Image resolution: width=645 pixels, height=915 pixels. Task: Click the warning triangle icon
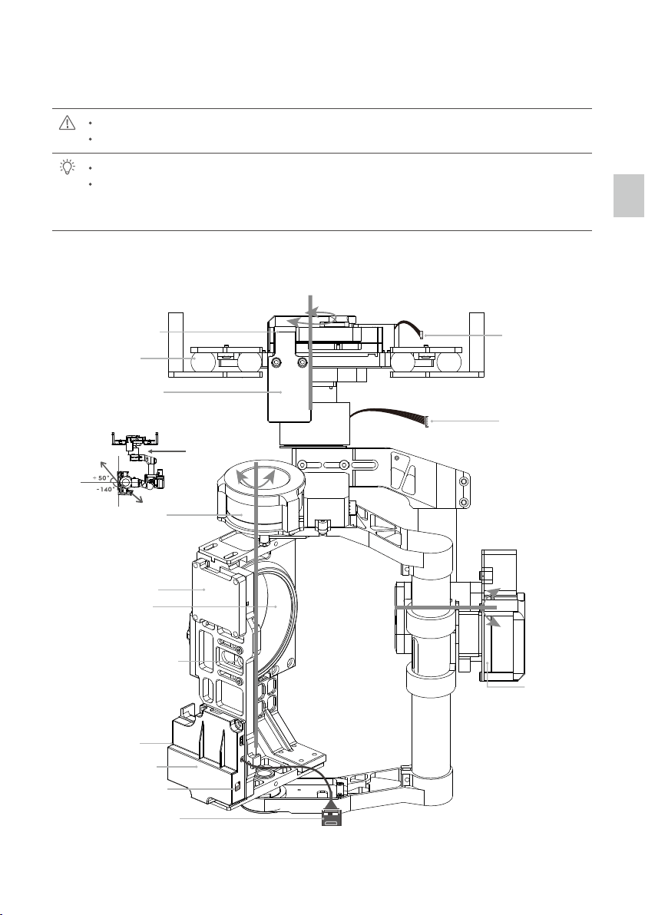(67, 123)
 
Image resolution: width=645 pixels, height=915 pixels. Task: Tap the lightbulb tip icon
(68, 167)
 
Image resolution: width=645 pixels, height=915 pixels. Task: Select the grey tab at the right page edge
(629, 196)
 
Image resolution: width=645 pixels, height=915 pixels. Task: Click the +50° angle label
(101, 478)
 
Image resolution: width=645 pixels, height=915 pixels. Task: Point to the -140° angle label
(104, 490)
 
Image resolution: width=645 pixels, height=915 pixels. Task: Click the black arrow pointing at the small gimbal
(167, 451)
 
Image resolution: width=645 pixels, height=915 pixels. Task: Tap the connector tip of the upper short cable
(422, 335)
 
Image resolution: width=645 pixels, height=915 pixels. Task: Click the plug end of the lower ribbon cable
(428, 421)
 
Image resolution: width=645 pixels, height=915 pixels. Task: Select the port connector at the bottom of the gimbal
(332, 820)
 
